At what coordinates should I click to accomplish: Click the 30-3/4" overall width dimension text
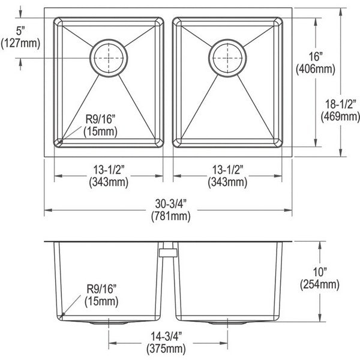click(x=170, y=203)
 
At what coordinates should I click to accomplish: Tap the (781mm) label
click(x=170, y=216)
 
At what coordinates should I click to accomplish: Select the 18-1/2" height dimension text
click(x=340, y=104)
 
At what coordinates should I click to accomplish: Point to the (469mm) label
click(x=340, y=116)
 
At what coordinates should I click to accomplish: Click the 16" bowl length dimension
click(x=316, y=56)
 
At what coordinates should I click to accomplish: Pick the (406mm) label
click(x=316, y=69)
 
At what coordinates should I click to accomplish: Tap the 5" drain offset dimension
click(x=20, y=31)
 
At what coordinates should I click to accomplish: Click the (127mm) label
click(x=20, y=43)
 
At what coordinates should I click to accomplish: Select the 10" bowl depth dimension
click(x=320, y=272)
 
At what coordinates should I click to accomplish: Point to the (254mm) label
click(x=320, y=284)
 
